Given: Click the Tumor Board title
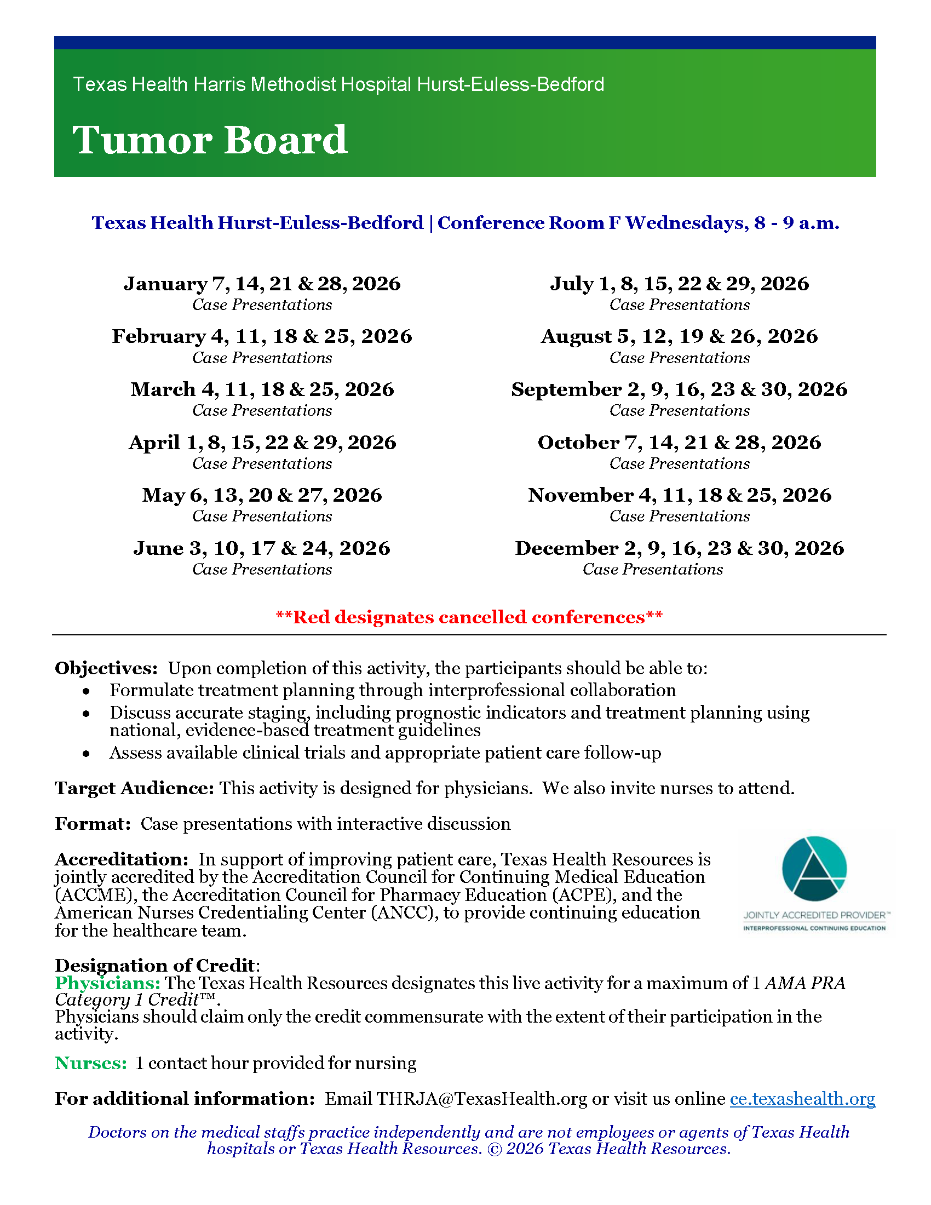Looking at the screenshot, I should [210, 140].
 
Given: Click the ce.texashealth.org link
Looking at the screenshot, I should [802, 1099].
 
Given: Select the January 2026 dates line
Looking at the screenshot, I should [262, 284].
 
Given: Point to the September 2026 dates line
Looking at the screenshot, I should [679, 389].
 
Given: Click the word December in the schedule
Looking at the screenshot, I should [566, 548].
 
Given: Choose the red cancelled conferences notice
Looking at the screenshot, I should [469, 617].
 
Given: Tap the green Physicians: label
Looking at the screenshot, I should [107, 983].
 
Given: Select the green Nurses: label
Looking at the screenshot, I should [91, 1063].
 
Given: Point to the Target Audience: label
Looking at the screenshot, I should [134, 788].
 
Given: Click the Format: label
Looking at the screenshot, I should [93, 824].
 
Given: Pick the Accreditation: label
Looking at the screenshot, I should [122, 859].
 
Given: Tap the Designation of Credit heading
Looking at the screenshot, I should [155, 965].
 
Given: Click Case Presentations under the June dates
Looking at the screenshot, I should [262, 570].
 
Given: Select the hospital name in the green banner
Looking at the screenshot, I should [338, 84].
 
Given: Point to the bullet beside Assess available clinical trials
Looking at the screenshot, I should [86, 753].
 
